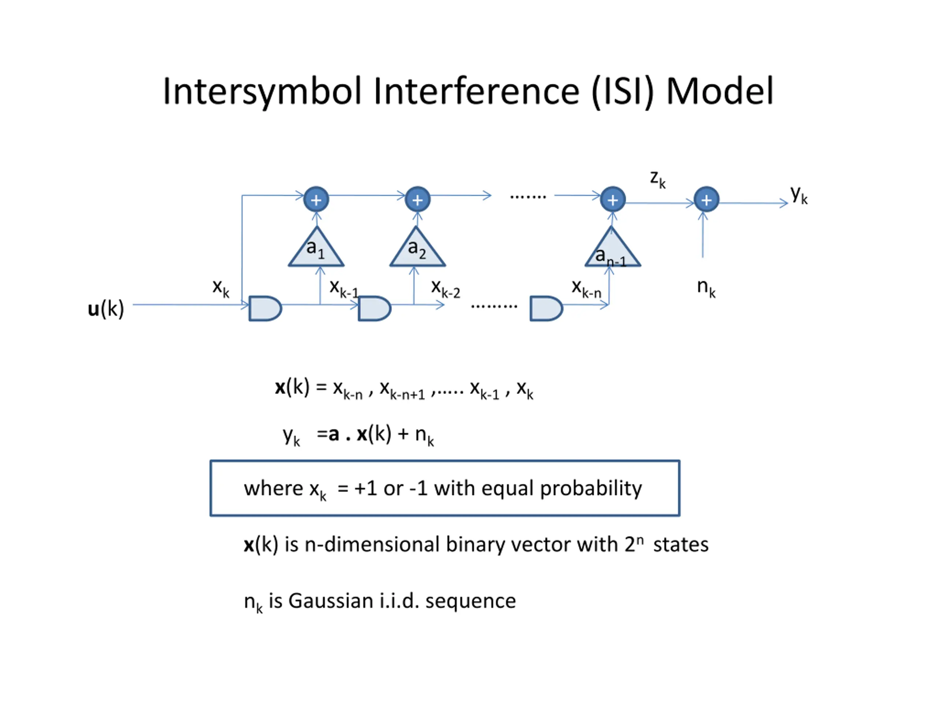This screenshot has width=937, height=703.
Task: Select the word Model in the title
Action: [x=720, y=91]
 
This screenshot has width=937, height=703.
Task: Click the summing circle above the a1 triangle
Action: [x=316, y=199]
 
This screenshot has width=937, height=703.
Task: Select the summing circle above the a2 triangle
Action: [x=418, y=199]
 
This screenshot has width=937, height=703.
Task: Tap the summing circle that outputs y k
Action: [x=706, y=199]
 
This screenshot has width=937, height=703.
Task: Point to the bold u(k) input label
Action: [x=106, y=309]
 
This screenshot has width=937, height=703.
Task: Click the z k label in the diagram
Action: [x=658, y=179]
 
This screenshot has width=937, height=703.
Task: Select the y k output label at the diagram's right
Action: [x=799, y=195]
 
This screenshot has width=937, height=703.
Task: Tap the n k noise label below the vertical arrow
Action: [x=706, y=288]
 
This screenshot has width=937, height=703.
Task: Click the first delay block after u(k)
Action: [x=265, y=309]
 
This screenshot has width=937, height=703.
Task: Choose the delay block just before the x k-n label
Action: [x=546, y=309]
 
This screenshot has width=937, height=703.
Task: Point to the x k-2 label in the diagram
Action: [x=445, y=289]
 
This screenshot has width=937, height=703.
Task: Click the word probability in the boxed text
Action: [x=591, y=488]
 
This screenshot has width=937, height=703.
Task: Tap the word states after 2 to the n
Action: [x=681, y=544]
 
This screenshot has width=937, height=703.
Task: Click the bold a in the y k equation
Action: [x=334, y=434]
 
